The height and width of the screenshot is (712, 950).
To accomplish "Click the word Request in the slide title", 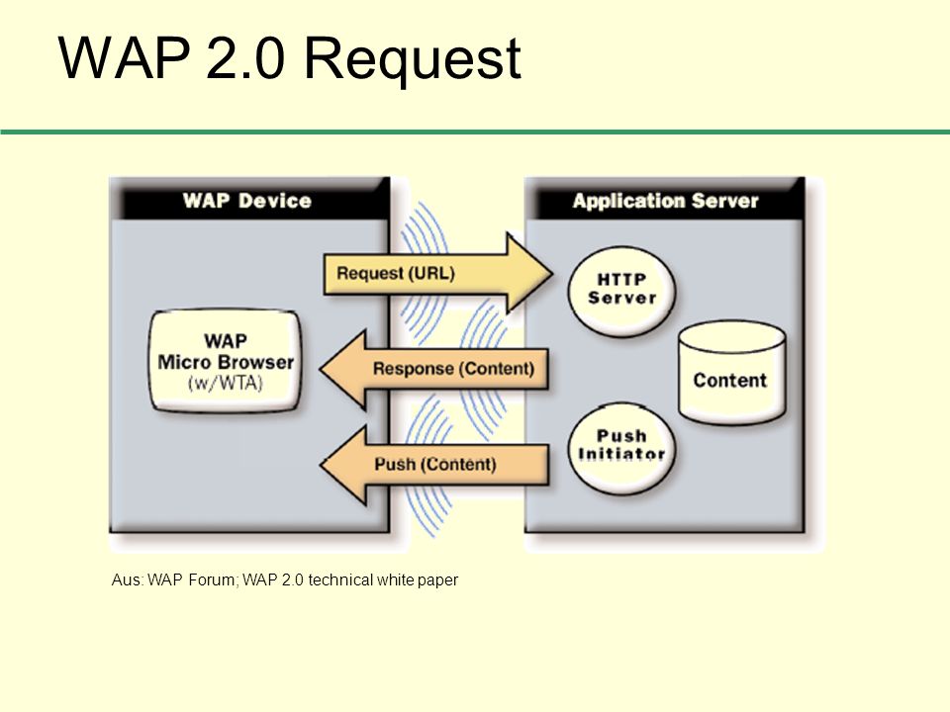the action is (412, 60).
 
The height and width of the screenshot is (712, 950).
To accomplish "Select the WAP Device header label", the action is (247, 201).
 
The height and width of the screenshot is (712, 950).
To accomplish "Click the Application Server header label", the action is (665, 201).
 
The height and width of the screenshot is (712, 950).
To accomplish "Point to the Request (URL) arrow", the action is (438, 273).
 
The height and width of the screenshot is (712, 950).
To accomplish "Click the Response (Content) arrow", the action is (433, 368).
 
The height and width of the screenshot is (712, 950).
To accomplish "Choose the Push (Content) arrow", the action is (433, 465).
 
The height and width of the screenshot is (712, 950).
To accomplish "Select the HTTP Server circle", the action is (621, 290).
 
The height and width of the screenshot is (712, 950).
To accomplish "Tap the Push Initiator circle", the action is (621, 447).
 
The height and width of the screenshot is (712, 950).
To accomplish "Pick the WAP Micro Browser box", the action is (226, 362).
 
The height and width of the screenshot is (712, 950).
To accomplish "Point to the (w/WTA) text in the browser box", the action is (226, 384).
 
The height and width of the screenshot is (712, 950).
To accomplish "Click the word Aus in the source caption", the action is (127, 580).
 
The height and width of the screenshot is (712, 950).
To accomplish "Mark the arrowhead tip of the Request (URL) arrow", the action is (553, 273).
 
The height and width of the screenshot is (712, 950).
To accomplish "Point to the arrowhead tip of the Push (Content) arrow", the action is (320, 465).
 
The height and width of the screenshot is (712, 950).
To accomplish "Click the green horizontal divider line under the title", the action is (475, 132).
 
